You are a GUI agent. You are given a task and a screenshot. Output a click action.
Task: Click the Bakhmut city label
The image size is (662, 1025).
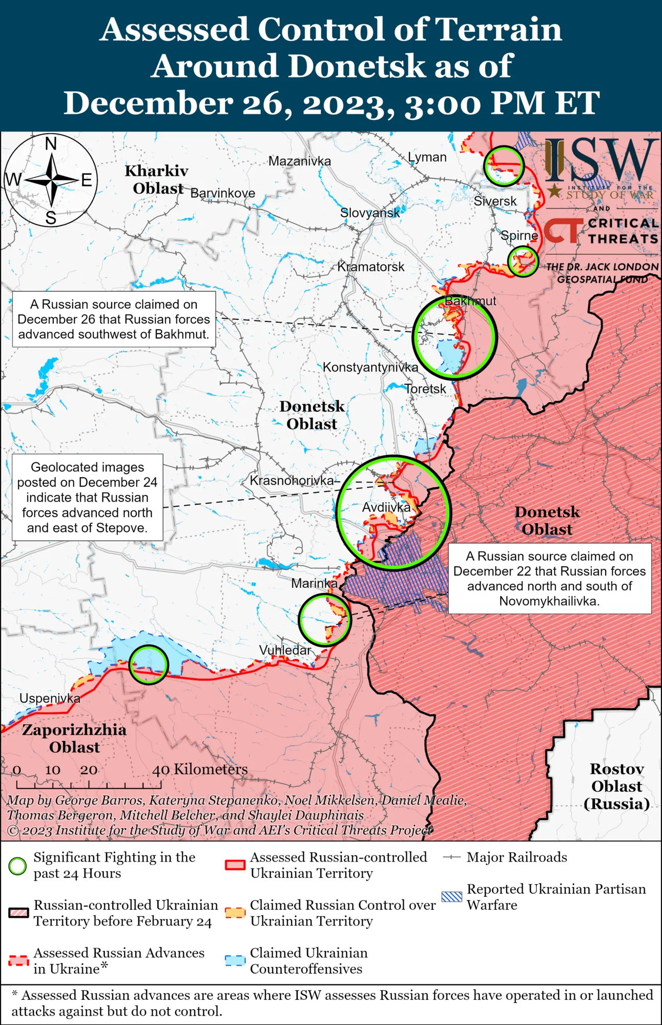pos(470,301)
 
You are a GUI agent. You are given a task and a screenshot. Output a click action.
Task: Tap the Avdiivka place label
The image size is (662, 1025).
pos(386,507)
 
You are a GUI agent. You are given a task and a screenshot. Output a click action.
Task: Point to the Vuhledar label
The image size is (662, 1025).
pos(285,650)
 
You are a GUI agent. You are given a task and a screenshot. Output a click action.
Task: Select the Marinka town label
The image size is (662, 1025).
pos(314,583)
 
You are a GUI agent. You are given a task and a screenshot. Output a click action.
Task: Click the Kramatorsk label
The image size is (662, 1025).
pos(371,266)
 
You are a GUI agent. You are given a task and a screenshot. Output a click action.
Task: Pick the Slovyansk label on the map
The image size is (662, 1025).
pos(370,213)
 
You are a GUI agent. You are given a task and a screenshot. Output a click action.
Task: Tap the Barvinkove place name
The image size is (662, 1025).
pos(223,193)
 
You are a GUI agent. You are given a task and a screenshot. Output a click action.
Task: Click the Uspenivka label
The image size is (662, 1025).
pos(50,698)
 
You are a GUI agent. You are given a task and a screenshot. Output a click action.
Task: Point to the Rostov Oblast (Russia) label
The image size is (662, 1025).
pos(616,786)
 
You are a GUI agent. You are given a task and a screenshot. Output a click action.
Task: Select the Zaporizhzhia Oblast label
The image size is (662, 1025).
pos(74,738)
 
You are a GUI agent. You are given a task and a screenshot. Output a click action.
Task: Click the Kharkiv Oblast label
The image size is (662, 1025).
pos(157,179)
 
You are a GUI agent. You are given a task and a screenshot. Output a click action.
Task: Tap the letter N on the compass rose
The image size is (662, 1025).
pos(51,144)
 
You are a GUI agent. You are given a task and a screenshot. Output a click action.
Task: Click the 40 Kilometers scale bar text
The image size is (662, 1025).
pos(200,769)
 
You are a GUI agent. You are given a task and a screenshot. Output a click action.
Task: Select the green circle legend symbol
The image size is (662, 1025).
pos(17,866)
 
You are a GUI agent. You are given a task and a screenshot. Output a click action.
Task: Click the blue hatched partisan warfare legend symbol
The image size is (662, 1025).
pos(451,896)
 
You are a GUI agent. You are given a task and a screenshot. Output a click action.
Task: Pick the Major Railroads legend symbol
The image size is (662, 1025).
pos(451,857)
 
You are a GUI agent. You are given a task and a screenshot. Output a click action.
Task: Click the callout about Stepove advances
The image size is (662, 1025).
pos(88,497)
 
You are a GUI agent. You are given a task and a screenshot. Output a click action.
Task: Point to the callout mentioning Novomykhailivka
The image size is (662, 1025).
pos(549,578)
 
